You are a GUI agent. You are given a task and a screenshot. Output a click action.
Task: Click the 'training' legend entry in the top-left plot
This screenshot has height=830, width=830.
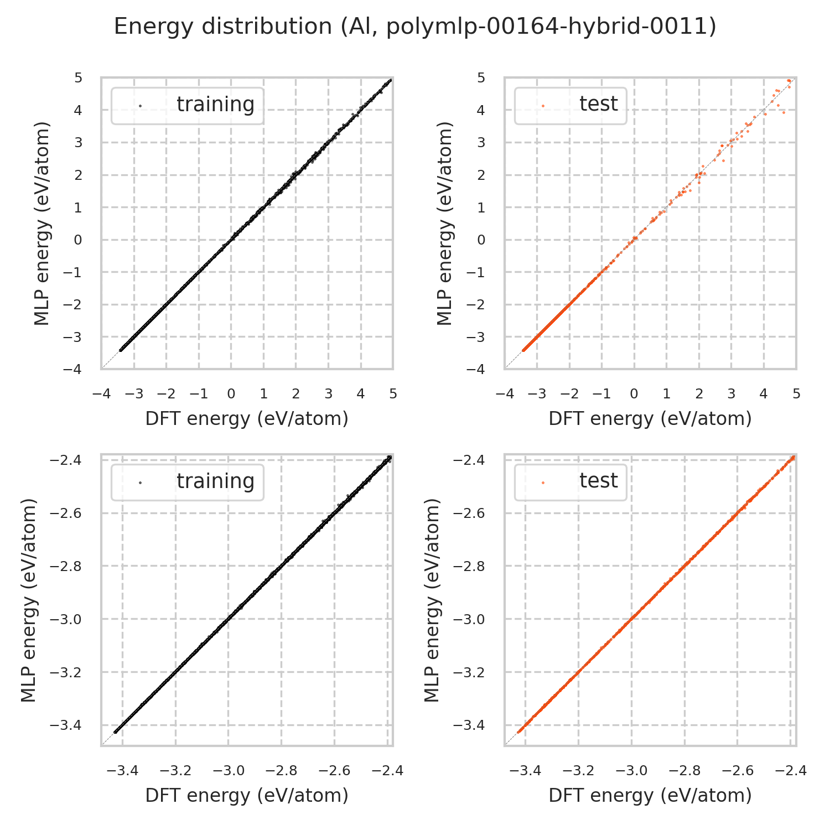pos(215,105)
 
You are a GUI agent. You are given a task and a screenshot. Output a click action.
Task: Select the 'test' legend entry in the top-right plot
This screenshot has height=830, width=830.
pos(598,104)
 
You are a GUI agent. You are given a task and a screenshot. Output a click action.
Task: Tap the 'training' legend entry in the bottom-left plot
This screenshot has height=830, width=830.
pos(215,481)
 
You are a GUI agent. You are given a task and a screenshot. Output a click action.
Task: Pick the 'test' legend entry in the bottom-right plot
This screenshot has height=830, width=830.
pos(598,481)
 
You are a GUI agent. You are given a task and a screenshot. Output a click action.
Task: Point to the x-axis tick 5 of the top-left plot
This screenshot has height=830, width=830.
pos(393,394)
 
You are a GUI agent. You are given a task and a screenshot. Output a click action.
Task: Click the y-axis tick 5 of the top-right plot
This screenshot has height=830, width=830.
pos(481,78)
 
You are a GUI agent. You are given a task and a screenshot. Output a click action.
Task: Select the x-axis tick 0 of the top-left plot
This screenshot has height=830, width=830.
pos(231,394)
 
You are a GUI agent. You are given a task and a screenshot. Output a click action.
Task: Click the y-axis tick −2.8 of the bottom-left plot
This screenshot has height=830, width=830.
pos(66,567)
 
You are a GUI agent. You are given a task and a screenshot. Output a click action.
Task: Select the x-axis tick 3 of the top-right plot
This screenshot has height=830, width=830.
pos(732,394)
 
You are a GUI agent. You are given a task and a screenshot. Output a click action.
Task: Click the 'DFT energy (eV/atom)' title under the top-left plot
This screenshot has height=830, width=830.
pos(247,419)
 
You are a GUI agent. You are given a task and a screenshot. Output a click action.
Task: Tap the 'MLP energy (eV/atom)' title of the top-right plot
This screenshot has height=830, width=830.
pos(445,223)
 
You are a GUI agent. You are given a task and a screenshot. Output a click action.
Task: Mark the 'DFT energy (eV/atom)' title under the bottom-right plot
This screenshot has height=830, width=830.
pos(650,796)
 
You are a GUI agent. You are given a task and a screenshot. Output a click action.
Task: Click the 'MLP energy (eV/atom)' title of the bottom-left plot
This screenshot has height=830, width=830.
pos(29,600)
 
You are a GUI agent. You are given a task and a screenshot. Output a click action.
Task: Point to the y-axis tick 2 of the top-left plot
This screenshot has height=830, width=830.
pos(78,175)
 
